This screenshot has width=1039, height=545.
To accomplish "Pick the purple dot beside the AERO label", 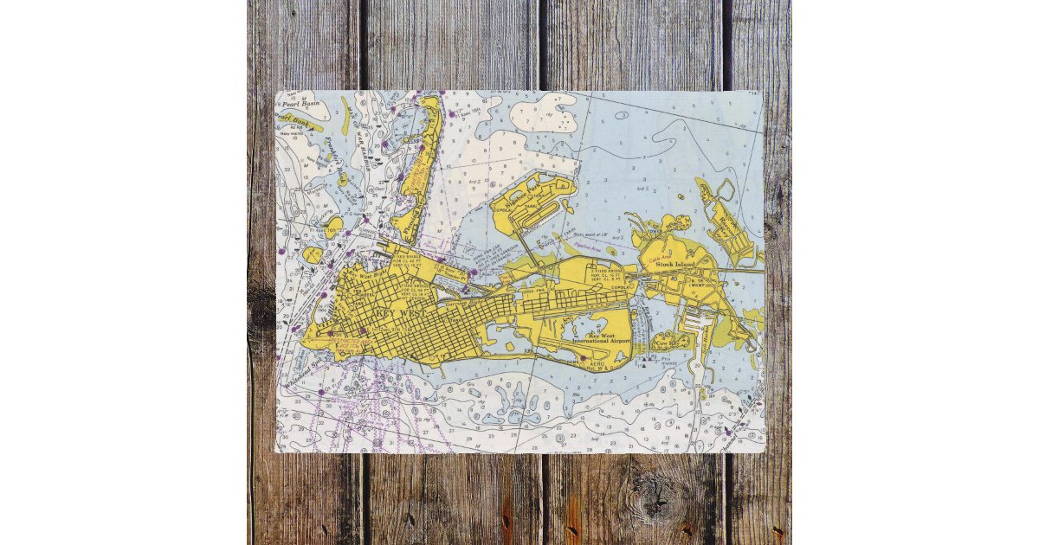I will tap(583, 356).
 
